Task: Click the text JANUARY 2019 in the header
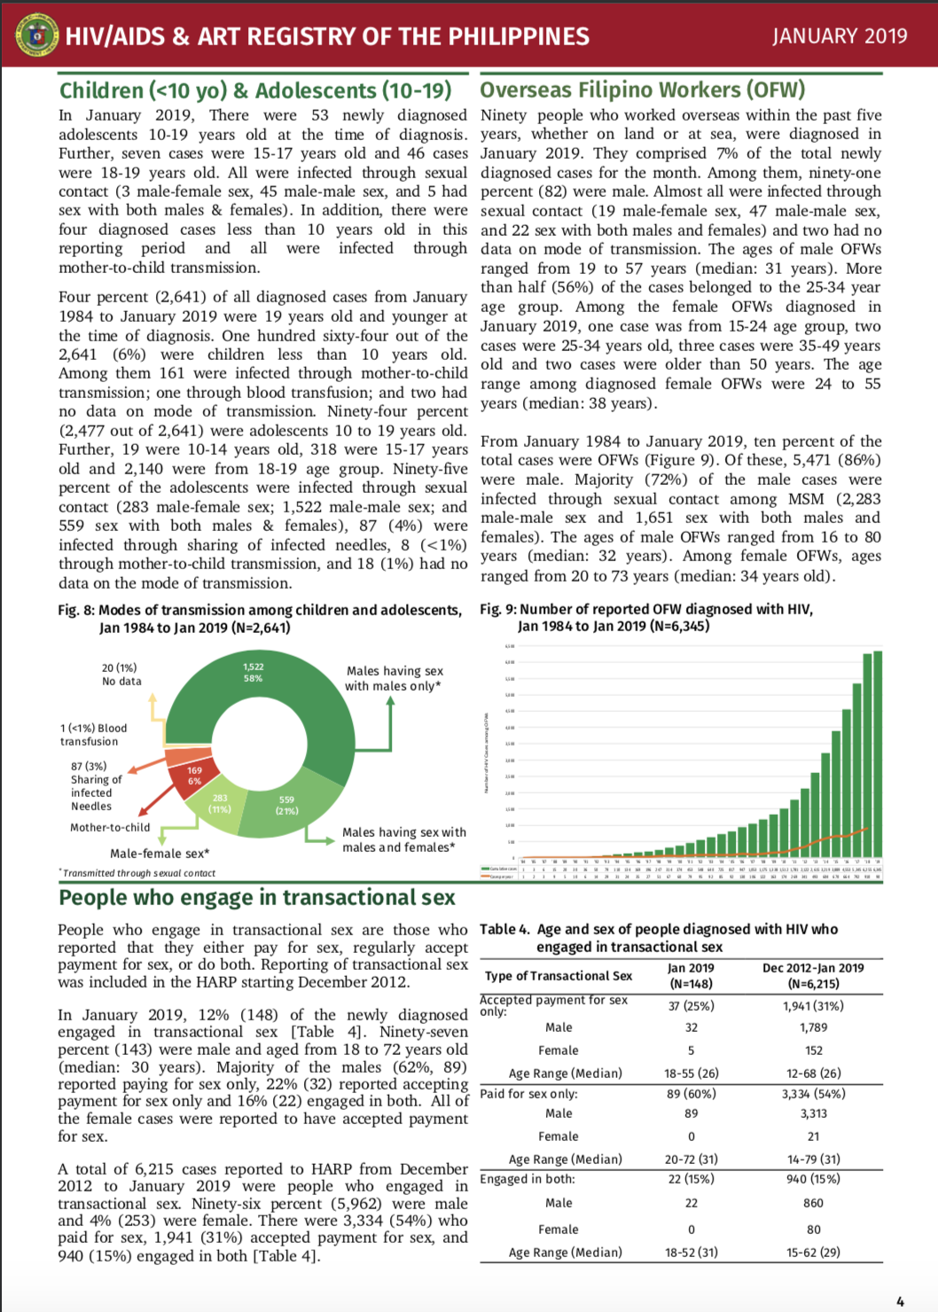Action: [x=839, y=36]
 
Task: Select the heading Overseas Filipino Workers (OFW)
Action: [x=642, y=90]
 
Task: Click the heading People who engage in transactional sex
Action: [x=257, y=897]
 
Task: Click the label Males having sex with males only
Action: [x=394, y=678]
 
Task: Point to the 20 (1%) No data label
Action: [x=121, y=675]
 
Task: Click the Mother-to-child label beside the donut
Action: [x=110, y=827]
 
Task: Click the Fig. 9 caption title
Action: [x=645, y=617]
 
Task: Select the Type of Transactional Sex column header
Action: [x=559, y=975]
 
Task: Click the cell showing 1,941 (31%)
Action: [x=813, y=1005]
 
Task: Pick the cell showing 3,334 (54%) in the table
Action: [x=813, y=1094]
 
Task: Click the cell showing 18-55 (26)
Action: [x=692, y=1073]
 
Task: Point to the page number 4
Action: [x=900, y=1301]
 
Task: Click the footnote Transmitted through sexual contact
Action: [x=138, y=873]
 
